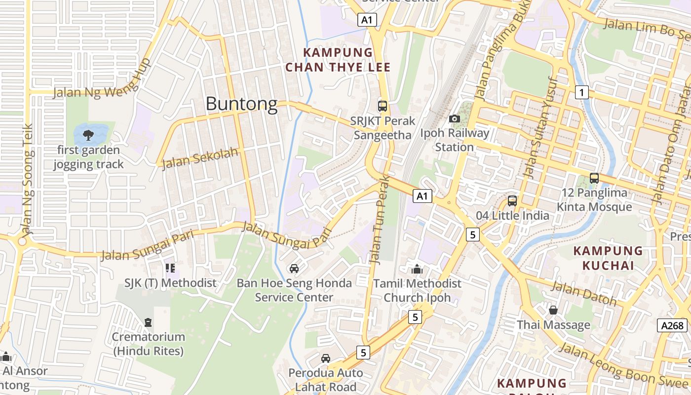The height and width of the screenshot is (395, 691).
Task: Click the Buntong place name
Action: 241,104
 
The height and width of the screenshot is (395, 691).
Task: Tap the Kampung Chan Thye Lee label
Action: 338,60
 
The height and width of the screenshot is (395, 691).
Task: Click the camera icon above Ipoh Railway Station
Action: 455,118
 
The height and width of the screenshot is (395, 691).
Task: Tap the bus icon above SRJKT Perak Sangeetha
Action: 382,106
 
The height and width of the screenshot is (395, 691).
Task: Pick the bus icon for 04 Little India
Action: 512,201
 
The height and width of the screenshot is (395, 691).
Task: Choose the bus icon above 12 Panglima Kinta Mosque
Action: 594,178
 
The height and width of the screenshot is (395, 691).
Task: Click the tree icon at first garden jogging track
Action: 89,134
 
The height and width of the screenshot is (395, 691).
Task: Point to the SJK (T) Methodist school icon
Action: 170,268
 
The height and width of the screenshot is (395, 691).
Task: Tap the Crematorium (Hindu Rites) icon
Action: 148,322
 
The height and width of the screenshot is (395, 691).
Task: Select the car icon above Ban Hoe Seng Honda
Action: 294,269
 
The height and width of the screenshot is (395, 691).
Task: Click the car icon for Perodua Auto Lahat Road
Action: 326,358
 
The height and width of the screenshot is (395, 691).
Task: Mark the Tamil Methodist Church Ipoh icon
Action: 417,269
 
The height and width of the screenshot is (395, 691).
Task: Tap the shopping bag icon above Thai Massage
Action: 553,310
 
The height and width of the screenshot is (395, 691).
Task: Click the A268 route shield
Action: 672,325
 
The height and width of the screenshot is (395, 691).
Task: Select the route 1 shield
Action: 582,92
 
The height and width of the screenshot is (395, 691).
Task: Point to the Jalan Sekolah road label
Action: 200,158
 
